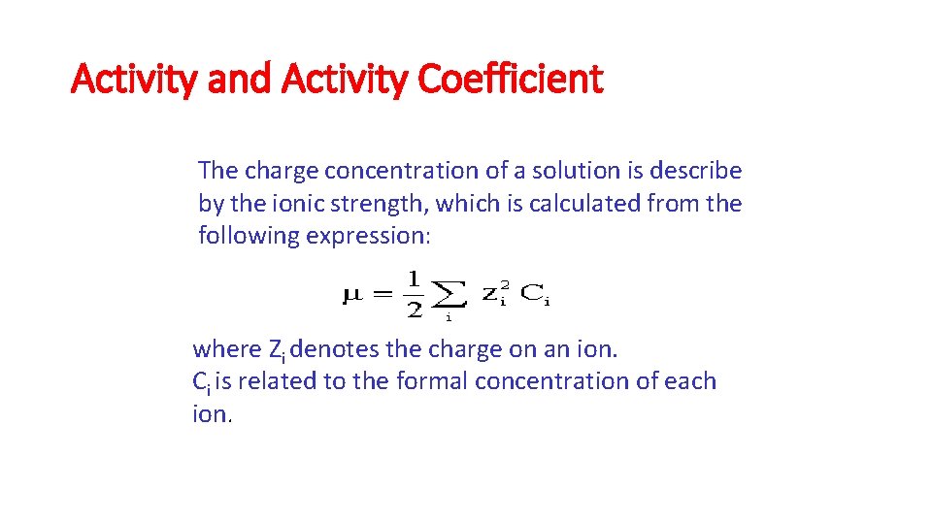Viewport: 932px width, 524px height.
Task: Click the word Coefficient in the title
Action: [x=511, y=78]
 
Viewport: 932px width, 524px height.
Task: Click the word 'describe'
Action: [x=696, y=171]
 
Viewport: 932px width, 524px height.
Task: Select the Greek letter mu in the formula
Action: [x=351, y=294]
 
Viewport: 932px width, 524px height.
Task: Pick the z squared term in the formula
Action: [x=495, y=294]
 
